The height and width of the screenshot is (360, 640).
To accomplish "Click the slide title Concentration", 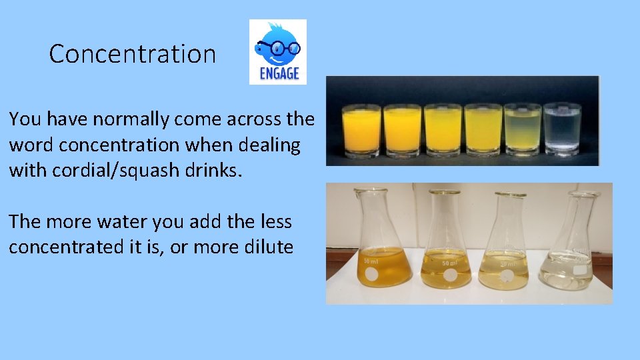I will tap(133, 54).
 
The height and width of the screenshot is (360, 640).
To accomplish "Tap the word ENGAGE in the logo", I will tap(278, 73).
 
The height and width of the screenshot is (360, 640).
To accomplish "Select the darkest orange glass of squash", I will tap(361, 130).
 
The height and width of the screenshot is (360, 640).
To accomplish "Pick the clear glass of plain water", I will tap(561, 130).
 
